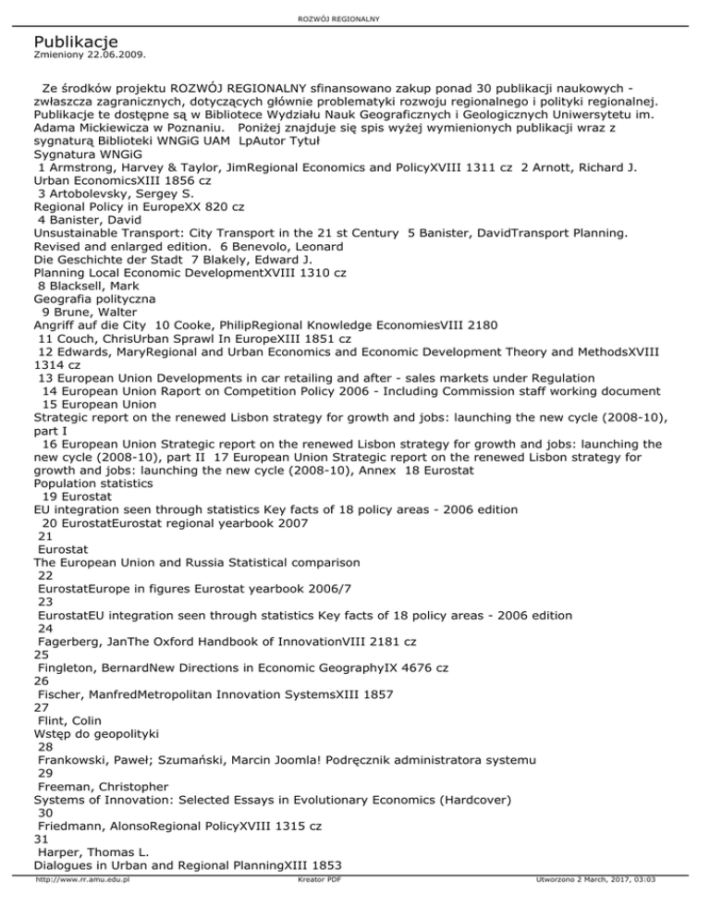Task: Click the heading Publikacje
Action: coord(76,42)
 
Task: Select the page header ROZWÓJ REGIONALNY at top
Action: coord(355,18)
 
